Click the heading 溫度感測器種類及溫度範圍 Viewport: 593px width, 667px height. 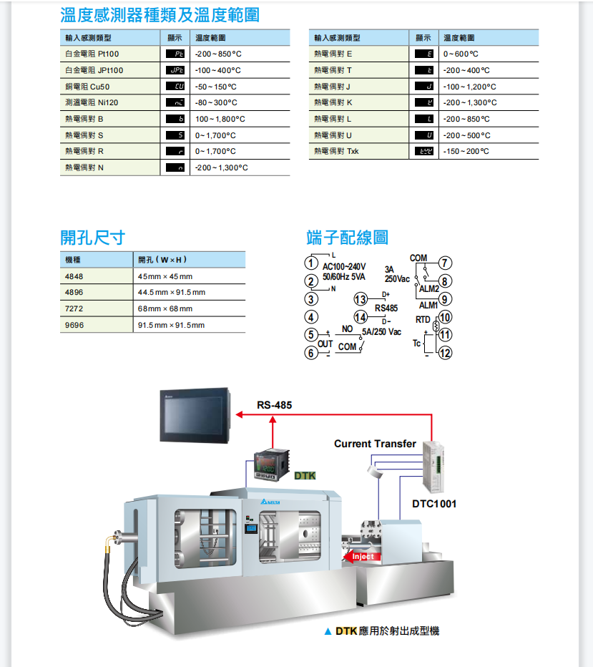coord(160,14)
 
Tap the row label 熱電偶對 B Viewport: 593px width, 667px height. coord(84,119)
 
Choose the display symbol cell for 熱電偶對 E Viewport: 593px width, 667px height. coord(425,54)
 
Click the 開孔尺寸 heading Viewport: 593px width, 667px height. coord(92,237)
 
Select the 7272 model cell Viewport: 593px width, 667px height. coord(74,308)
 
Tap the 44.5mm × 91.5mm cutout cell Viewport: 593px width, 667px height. coord(172,292)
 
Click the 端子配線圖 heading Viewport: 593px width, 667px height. coord(347,237)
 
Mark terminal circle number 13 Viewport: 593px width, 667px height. coord(361,299)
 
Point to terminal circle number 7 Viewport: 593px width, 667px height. coord(445,263)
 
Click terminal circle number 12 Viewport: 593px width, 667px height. coord(445,352)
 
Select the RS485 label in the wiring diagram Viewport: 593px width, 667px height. coord(386,308)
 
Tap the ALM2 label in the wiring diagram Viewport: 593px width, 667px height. coord(429,288)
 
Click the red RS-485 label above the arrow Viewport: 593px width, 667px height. coord(274,405)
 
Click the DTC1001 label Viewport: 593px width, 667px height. coord(434,503)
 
